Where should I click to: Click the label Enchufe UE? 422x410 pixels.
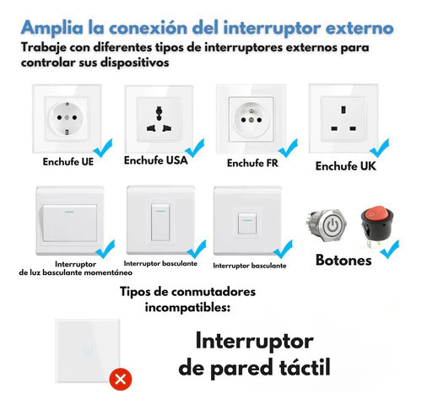click(x=68, y=162)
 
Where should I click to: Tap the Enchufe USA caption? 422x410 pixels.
click(x=156, y=160)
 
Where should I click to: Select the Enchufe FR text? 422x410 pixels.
click(x=252, y=163)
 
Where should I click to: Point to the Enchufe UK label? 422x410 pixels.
click(x=346, y=166)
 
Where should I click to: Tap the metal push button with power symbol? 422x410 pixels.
click(x=327, y=225)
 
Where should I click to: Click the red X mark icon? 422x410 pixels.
click(x=121, y=380)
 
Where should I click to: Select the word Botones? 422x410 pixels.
click(x=344, y=260)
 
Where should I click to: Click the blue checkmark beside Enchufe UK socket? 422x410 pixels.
click(x=380, y=148)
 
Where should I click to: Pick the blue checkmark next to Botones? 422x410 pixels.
click(x=390, y=249)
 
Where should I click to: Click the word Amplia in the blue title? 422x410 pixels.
click(x=52, y=29)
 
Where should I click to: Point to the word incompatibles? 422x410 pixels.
click(x=187, y=307)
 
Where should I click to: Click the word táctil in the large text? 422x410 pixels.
click(x=305, y=367)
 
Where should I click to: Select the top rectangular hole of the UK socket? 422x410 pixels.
click(x=344, y=110)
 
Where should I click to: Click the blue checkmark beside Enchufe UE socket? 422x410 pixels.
click(x=103, y=148)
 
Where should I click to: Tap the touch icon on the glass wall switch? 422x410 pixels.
click(x=88, y=351)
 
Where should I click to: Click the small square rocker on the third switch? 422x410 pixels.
click(x=247, y=224)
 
